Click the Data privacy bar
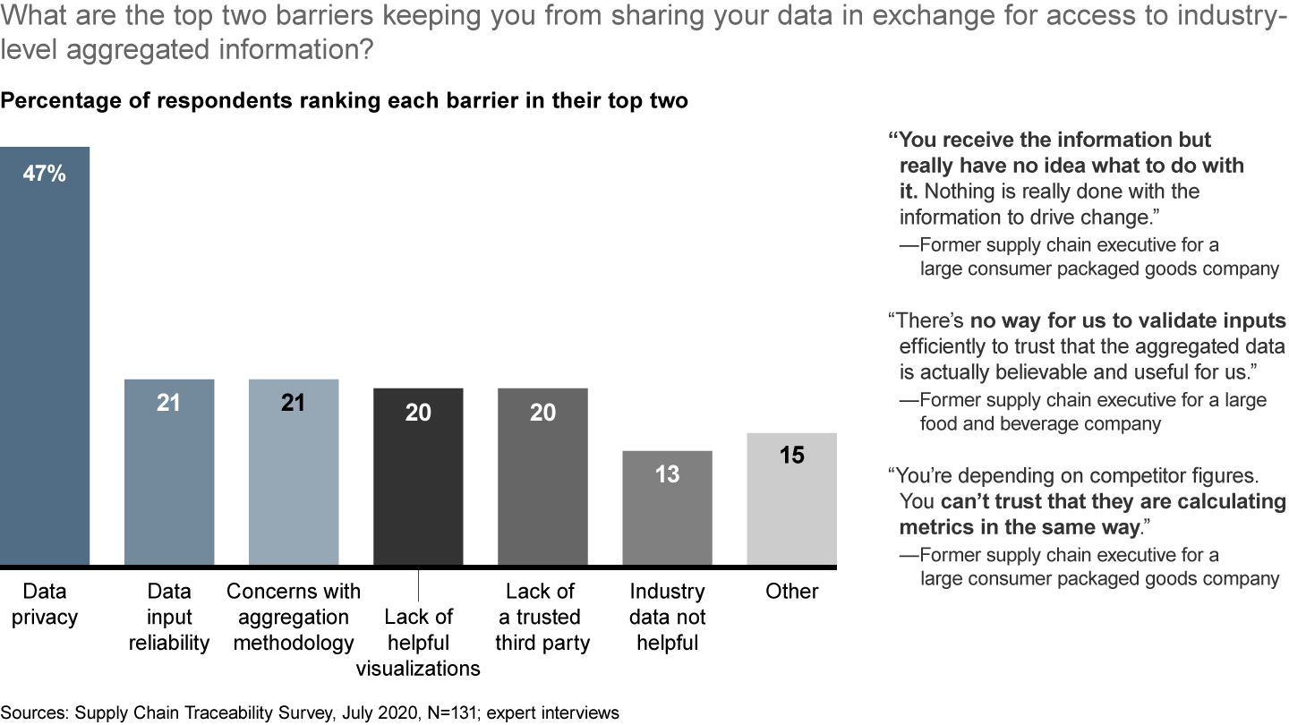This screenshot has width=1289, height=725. click(x=45, y=358)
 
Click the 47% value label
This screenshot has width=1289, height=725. click(x=45, y=174)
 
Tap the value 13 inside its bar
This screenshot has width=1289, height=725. click(x=667, y=474)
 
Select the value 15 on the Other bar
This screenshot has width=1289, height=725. click(x=791, y=456)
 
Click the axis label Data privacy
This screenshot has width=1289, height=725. click(x=45, y=604)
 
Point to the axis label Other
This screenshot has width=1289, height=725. click(x=791, y=592)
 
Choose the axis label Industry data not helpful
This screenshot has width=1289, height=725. click(x=667, y=617)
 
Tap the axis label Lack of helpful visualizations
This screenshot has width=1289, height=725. click(x=418, y=643)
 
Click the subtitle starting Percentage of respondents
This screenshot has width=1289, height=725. click(x=345, y=101)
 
